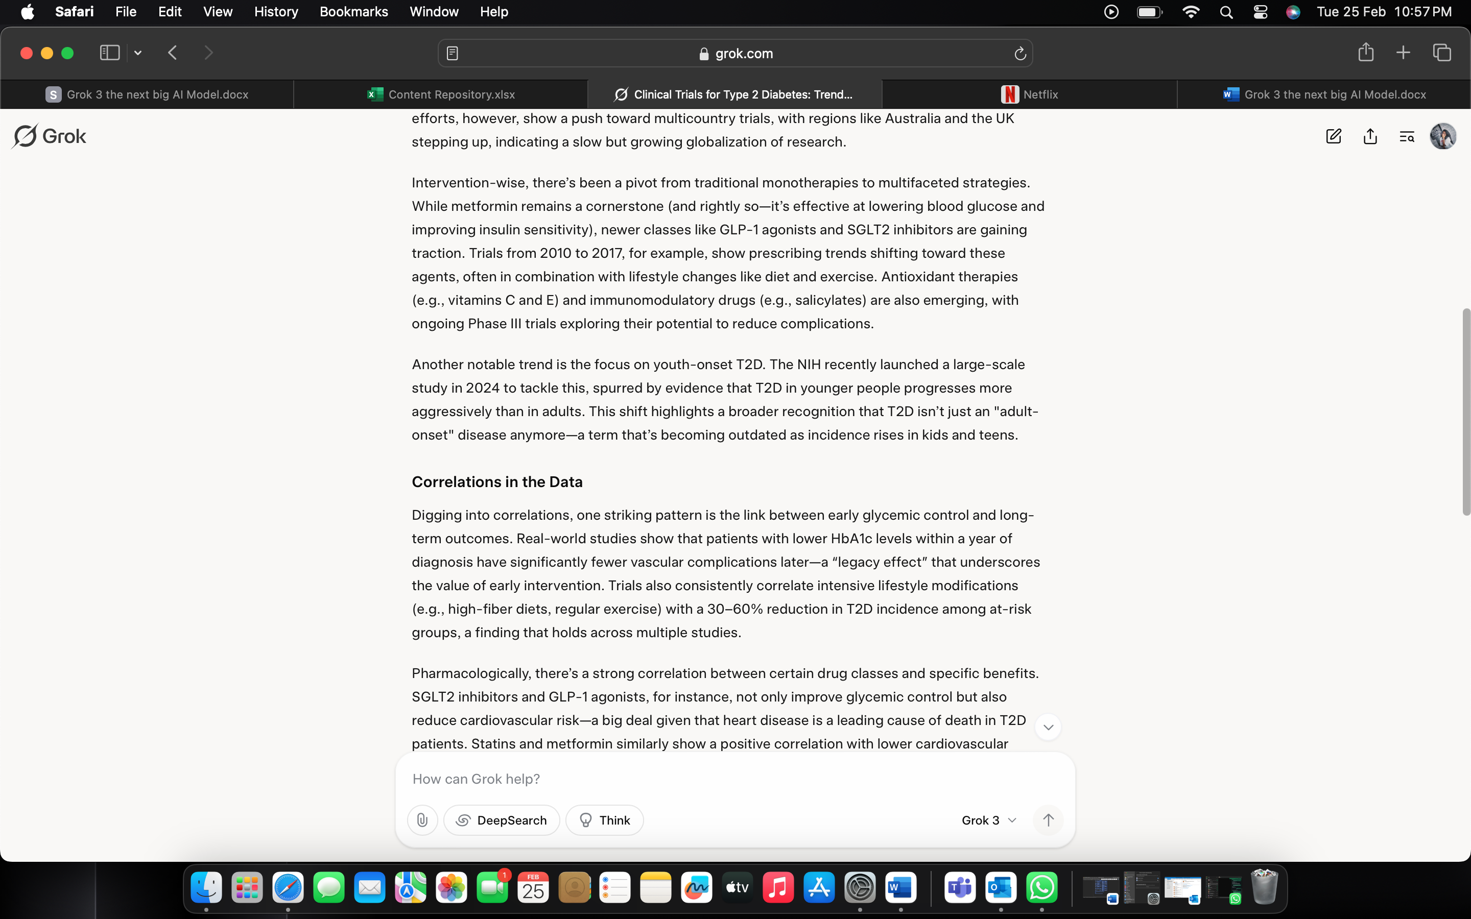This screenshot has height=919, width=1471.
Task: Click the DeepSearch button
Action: click(x=502, y=820)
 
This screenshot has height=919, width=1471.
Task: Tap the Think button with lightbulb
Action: click(x=604, y=820)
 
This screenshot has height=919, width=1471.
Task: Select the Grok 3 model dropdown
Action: click(x=988, y=820)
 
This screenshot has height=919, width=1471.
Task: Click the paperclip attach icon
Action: click(x=422, y=820)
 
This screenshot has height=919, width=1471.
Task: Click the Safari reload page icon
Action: click(x=1020, y=54)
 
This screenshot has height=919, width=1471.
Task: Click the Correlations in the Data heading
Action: click(x=496, y=482)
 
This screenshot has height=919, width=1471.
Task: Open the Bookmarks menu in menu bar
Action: click(x=353, y=12)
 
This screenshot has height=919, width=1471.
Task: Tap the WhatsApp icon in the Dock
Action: click(x=1042, y=888)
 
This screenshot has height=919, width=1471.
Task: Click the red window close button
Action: click(x=26, y=53)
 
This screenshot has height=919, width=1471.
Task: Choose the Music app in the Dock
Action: click(x=778, y=888)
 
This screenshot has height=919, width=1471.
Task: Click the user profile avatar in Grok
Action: click(x=1442, y=136)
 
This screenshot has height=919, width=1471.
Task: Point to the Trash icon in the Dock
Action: click(x=1264, y=888)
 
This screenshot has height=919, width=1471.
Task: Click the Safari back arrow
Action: click(x=173, y=53)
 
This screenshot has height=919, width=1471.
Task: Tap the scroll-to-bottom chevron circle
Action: click(x=1048, y=727)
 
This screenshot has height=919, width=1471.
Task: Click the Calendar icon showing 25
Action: click(x=533, y=888)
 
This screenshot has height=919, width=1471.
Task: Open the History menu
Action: click(x=276, y=12)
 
